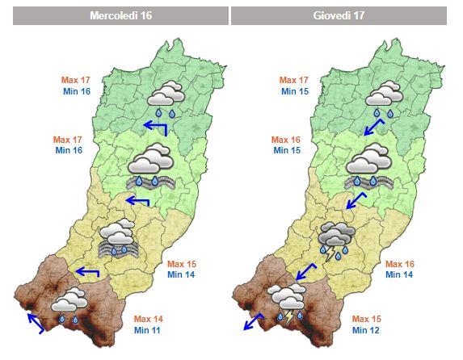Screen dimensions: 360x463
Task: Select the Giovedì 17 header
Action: pyautogui.click(x=338, y=16)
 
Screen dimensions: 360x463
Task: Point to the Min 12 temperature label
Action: pyautogui.click(x=366, y=330)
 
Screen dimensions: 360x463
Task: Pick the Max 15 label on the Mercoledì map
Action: pyautogui.click(x=181, y=264)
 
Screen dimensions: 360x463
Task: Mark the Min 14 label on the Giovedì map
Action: pyautogui.click(x=399, y=275)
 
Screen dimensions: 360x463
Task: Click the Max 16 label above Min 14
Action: pyautogui.click(x=399, y=264)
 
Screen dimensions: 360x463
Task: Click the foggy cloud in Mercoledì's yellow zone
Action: pyautogui.click(x=118, y=239)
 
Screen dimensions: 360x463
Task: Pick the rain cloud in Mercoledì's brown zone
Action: pyautogui.click(x=69, y=303)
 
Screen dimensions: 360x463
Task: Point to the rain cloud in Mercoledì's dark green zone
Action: pyautogui.click(x=167, y=97)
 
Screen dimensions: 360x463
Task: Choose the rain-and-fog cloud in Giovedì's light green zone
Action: pyautogui.click(x=368, y=165)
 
